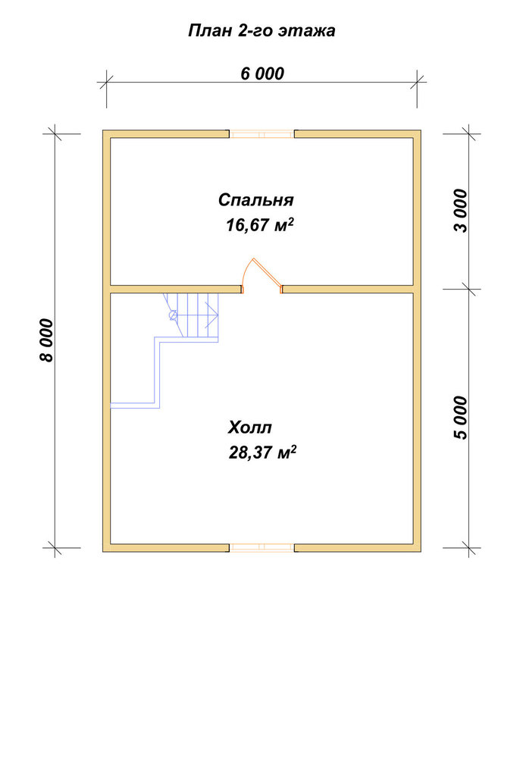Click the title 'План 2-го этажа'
click(261, 31)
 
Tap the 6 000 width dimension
click(262, 74)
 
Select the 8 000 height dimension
click(47, 340)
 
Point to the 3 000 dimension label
click(462, 211)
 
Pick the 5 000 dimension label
click(462, 418)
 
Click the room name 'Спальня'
click(255, 199)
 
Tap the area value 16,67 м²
click(260, 225)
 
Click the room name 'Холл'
click(250, 428)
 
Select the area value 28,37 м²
click(262, 453)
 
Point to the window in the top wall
click(261, 134)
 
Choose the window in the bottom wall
click(261, 548)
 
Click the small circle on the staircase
click(173, 315)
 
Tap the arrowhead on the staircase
click(213, 315)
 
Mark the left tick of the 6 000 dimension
click(106, 82)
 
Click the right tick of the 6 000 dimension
click(417, 82)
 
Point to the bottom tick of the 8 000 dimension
click(55, 548)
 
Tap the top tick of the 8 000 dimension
click(55, 134)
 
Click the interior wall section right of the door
click(348, 289)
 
